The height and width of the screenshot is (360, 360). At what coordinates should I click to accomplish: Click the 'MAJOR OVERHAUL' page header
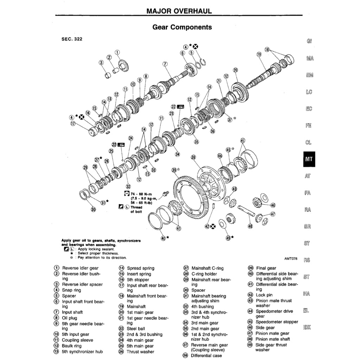click(x=179, y=11)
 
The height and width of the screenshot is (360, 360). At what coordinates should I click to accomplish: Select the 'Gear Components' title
click(x=182, y=27)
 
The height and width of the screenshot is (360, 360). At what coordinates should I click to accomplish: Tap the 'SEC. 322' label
click(x=72, y=39)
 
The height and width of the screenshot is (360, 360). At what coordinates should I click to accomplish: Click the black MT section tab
click(x=309, y=159)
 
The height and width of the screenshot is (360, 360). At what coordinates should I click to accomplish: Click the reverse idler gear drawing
click(x=123, y=65)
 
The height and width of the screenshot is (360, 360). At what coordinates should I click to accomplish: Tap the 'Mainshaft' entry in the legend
click(x=136, y=306)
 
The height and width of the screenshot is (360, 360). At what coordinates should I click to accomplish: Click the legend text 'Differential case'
click(x=206, y=355)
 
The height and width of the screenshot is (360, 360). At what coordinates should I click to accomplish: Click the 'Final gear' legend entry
click(x=266, y=268)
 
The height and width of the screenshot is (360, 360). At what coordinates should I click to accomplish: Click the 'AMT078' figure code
click(x=291, y=258)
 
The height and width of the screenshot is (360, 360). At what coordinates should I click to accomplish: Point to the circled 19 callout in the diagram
click(x=259, y=54)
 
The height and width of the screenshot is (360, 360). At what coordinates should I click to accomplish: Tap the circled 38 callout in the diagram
click(x=193, y=157)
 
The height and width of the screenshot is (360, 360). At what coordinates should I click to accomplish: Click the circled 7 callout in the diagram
click(x=165, y=64)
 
